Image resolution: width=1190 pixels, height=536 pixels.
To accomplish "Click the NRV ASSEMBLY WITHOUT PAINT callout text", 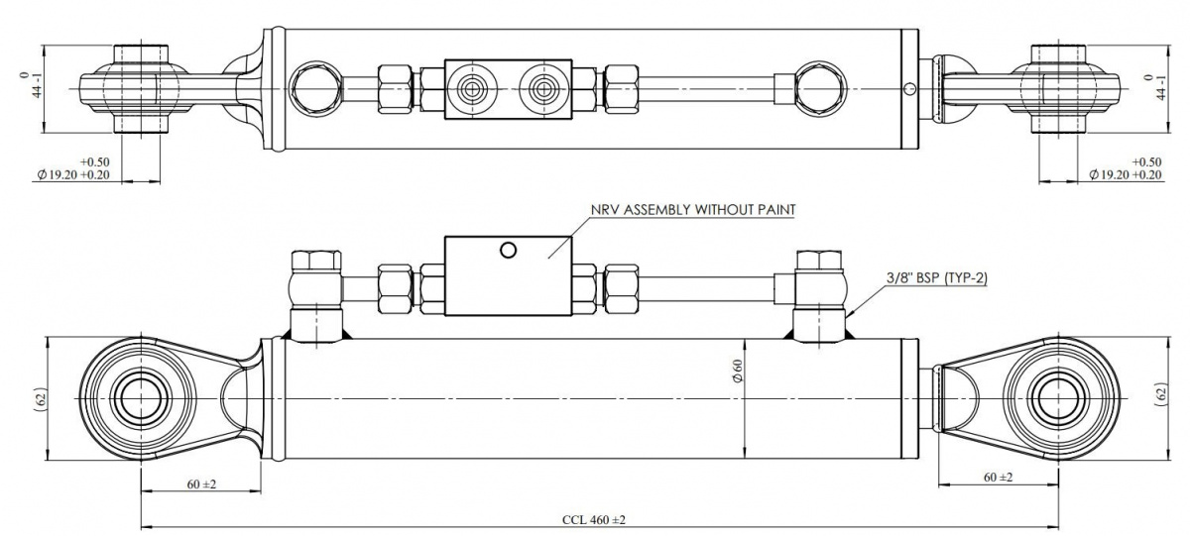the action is pyautogui.click(x=693, y=210).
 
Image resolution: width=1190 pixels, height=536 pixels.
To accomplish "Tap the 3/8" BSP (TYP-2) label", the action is pyautogui.click(x=937, y=277).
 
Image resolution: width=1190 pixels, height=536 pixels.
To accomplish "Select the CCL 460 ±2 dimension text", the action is pyautogui.click(x=594, y=519).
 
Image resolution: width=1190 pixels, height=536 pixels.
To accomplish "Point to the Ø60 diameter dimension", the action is pyautogui.click(x=738, y=371).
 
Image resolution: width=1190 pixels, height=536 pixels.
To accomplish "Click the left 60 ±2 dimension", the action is pyautogui.click(x=201, y=484).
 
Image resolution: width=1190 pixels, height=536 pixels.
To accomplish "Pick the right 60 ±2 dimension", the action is pyautogui.click(x=998, y=478).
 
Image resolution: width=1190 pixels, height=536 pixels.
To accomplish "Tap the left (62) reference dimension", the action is pyautogui.click(x=42, y=399).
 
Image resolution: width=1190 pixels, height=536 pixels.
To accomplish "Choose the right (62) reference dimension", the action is pyautogui.click(x=1161, y=395).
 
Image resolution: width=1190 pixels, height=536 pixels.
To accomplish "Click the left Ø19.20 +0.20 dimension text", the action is pyautogui.click(x=73, y=174).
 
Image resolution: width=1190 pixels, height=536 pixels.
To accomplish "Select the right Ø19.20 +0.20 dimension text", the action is pyautogui.click(x=1126, y=174).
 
